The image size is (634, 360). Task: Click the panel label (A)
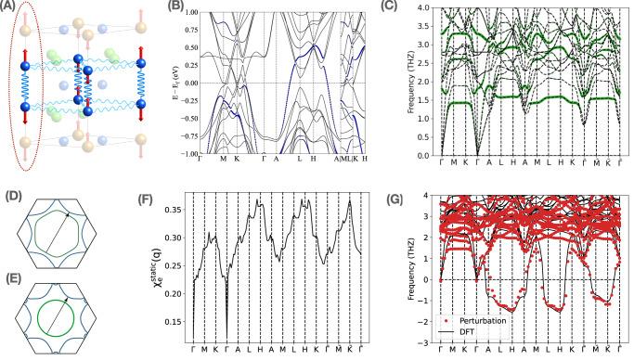click(x=9, y=6)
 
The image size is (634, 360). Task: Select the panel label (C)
click(x=416, y=6)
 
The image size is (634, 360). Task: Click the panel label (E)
click(x=9, y=276)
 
